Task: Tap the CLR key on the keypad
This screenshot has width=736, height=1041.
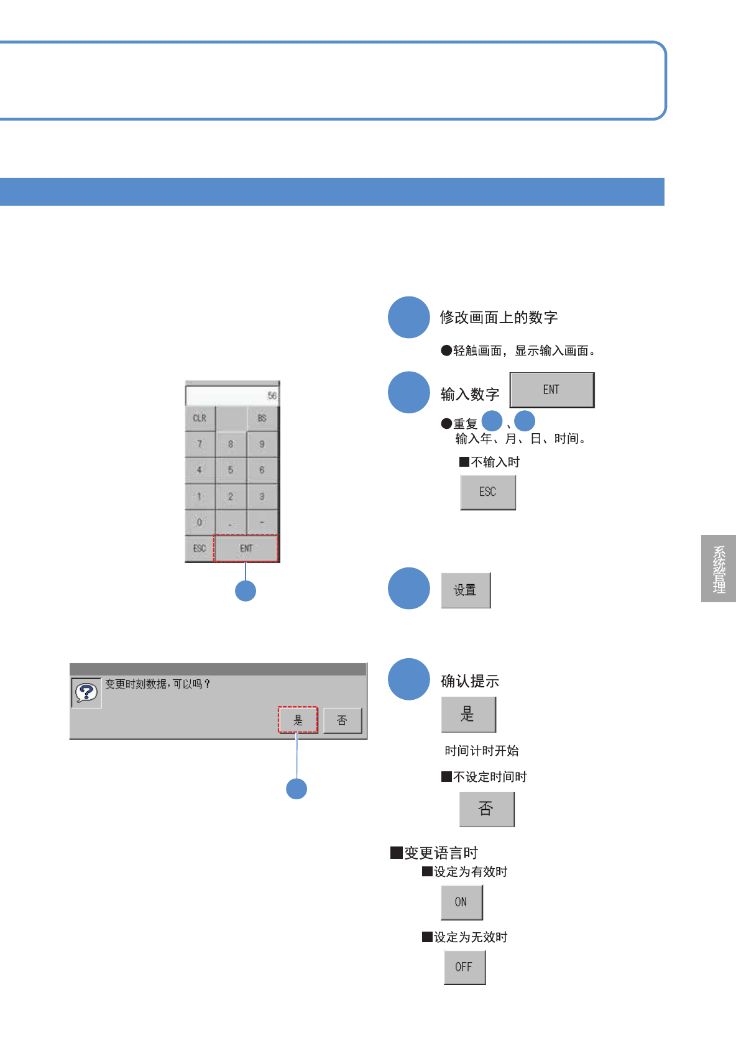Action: pyautogui.click(x=200, y=418)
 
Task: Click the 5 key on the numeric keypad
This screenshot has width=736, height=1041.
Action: pyautogui.click(x=231, y=470)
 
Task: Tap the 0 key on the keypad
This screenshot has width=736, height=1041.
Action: pyautogui.click(x=200, y=522)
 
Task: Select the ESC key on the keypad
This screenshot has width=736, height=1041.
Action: pyautogui.click(x=199, y=548)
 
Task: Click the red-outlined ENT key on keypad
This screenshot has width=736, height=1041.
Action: pyautogui.click(x=246, y=548)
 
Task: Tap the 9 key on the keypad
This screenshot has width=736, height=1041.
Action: pyautogui.click(x=262, y=444)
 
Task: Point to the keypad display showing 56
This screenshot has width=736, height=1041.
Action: pyautogui.click(x=232, y=395)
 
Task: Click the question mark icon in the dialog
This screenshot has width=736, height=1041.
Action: pyautogui.click(x=86, y=692)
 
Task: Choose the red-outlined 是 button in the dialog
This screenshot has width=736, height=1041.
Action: pyautogui.click(x=298, y=720)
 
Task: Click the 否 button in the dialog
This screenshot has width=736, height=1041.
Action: pyautogui.click(x=342, y=720)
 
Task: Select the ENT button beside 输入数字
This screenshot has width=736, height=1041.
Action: pyautogui.click(x=551, y=390)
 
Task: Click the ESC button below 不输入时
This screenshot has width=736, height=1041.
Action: pyautogui.click(x=488, y=492)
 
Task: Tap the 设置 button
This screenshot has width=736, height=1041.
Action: pyautogui.click(x=465, y=590)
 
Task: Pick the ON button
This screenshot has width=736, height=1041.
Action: pyautogui.click(x=461, y=902)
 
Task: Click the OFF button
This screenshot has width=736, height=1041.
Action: pyautogui.click(x=464, y=967)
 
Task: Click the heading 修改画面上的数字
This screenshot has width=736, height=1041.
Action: pyautogui.click(x=499, y=318)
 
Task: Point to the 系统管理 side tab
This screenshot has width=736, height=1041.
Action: pyautogui.click(x=719, y=569)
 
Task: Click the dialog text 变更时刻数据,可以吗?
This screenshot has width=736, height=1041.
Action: pyautogui.click(x=157, y=684)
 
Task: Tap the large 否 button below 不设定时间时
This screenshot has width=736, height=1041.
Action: pyautogui.click(x=486, y=809)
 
